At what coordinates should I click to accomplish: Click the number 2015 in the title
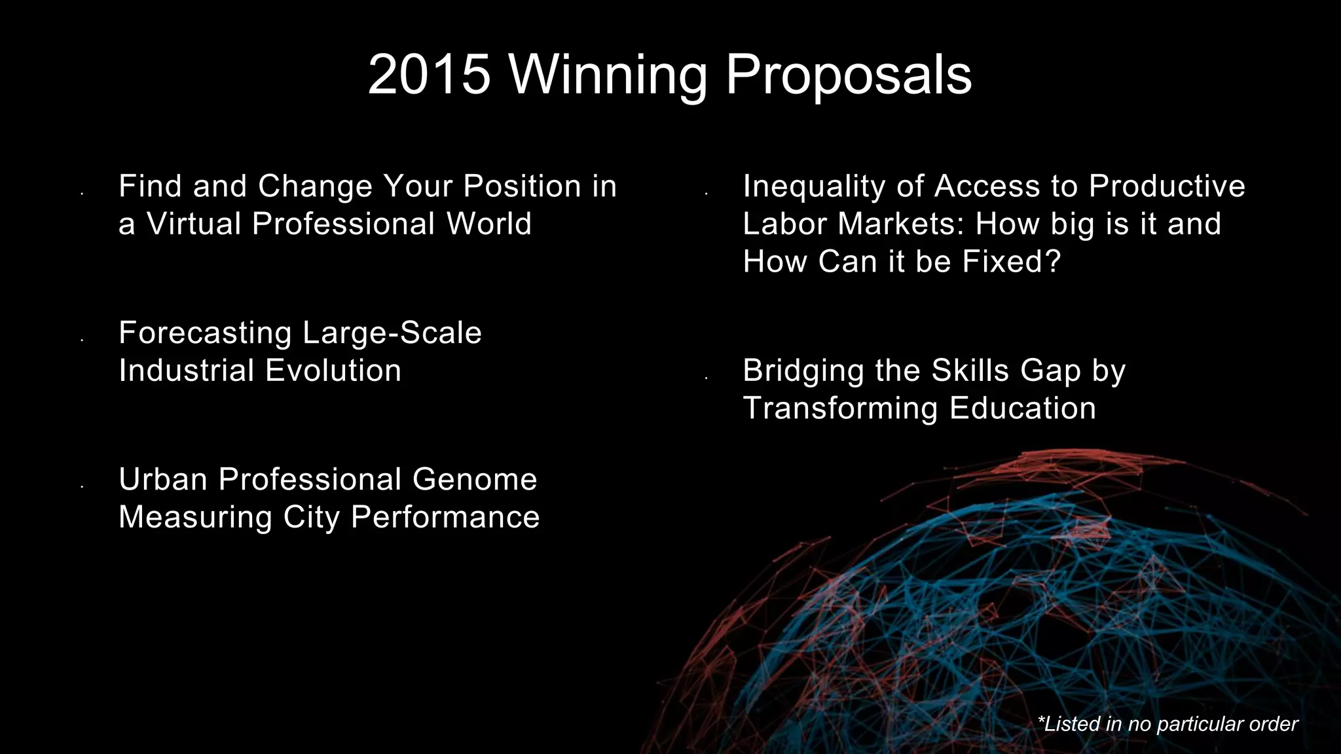coord(429,75)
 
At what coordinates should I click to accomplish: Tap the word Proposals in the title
coord(849,75)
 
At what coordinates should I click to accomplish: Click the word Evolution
coord(333,370)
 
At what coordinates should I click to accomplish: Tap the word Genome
coord(475,479)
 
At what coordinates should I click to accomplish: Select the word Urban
coord(163,479)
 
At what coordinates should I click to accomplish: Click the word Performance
coord(445,517)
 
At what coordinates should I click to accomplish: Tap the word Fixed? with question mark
coord(1011,262)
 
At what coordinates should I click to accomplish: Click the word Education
coord(1022,408)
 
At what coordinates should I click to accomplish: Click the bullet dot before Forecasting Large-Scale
coord(82,340)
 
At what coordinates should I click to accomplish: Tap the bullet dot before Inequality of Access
coord(706,194)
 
